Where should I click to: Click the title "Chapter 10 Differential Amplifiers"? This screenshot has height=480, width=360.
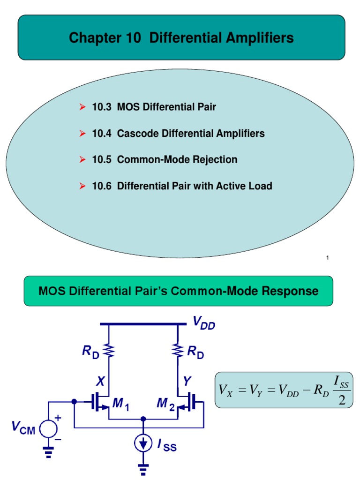pyautogui.click(x=181, y=38)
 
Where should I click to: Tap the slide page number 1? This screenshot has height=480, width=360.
pyautogui.click(x=328, y=258)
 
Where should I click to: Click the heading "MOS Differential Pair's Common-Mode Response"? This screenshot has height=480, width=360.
pyautogui.click(x=178, y=291)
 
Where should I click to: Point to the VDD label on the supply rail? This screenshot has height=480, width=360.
pyautogui.click(x=204, y=322)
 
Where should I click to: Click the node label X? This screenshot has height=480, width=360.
pyautogui.click(x=100, y=382)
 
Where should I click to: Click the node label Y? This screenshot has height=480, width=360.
pyautogui.click(x=187, y=382)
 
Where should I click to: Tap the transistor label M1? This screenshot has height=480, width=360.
pyautogui.click(x=120, y=405)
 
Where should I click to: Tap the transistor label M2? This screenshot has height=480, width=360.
pyautogui.click(x=165, y=405)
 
